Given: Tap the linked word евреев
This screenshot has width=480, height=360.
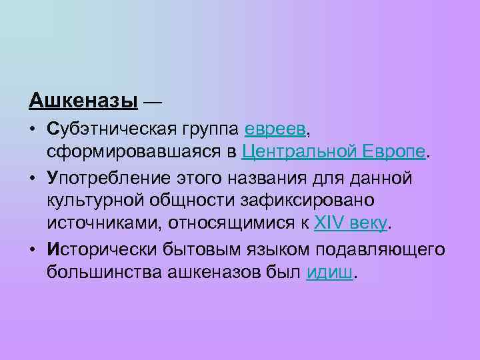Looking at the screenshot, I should coord(275,127).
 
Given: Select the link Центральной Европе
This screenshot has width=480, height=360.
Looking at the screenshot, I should coord(333,151).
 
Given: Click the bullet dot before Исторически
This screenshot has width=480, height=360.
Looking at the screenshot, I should coord(33,249).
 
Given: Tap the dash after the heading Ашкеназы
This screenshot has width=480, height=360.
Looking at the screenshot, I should coord(152,101).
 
